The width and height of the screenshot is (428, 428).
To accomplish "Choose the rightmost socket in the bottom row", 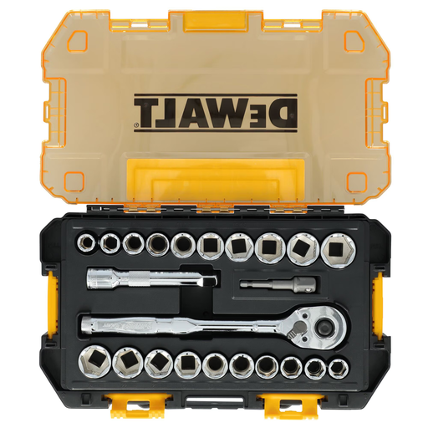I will (x=340, y=365).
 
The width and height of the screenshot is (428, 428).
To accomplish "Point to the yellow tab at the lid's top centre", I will (x=214, y=16).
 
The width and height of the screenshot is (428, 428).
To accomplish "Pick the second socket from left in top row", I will (x=109, y=245).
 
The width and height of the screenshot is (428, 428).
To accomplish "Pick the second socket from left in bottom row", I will (x=130, y=362).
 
